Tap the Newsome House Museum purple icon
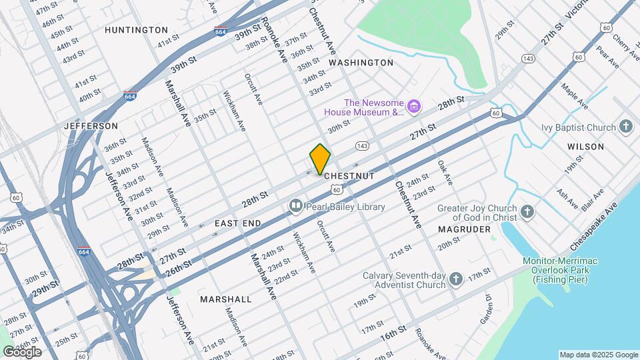click(415, 106)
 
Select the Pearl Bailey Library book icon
click(295, 207)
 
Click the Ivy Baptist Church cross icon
click(625, 127)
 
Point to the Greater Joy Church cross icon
click(527, 213)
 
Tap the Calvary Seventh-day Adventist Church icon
click(455, 279)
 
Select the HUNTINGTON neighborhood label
click(137, 30)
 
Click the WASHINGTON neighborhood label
click(361, 62)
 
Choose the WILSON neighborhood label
click(585, 146)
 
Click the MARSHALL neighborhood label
click(226, 299)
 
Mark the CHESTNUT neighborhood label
click(349, 175)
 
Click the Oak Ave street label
click(445, 173)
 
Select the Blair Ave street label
click(592, 199)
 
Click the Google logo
click(21, 352)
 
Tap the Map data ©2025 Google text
click(598, 355)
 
